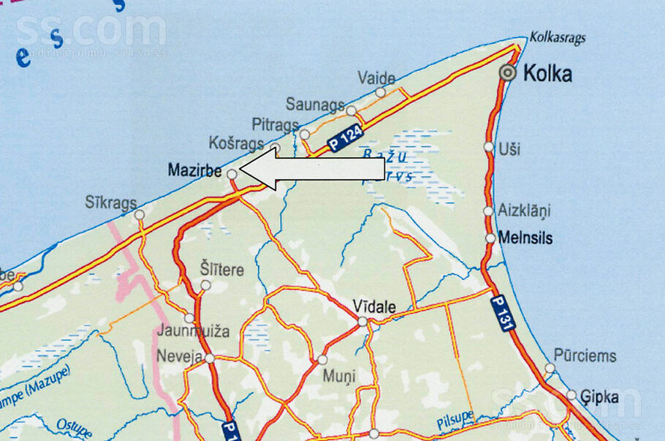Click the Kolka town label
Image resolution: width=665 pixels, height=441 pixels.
[547, 74]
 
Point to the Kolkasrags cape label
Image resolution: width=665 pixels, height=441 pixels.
[558, 37]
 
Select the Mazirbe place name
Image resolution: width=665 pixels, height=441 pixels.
[194, 170]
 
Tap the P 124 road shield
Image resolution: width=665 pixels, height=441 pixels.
[346, 136]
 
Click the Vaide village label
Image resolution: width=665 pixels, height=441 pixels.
[376, 78]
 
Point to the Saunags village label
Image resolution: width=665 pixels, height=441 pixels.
[315, 105]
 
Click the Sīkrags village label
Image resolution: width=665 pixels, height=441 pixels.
[111, 203]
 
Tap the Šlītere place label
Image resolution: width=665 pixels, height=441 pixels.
[221, 269]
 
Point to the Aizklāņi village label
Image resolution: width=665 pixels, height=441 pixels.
[524, 211]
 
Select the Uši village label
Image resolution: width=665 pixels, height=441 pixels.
[509, 149]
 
